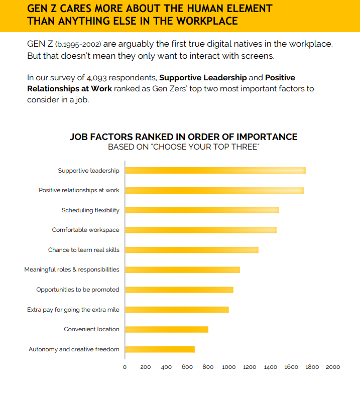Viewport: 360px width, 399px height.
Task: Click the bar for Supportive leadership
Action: click(x=215, y=171)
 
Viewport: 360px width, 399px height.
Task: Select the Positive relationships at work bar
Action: click(x=214, y=190)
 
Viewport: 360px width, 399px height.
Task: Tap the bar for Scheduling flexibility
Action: click(x=201, y=210)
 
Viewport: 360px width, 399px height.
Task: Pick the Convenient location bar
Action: click(x=166, y=329)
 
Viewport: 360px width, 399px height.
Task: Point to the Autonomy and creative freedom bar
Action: click(x=160, y=349)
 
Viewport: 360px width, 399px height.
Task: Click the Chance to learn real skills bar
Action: click(x=191, y=250)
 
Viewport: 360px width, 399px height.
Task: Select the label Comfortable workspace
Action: click(x=85, y=230)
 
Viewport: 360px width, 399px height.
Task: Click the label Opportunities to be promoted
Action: click(x=78, y=290)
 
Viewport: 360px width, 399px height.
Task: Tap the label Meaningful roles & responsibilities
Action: click(x=72, y=270)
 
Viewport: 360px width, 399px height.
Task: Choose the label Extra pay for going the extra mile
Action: click(x=73, y=310)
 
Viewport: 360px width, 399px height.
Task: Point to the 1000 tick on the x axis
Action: click(x=229, y=367)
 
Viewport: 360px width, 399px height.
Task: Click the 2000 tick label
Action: click(x=333, y=367)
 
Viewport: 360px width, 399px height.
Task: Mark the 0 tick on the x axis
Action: click(x=125, y=367)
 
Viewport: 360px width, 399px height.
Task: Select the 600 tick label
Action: click(x=187, y=367)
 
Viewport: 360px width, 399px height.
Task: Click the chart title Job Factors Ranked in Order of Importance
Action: click(x=183, y=137)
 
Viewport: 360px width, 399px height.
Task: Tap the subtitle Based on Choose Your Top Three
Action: click(x=183, y=147)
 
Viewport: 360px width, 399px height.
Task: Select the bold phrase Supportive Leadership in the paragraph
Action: click(x=203, y=78)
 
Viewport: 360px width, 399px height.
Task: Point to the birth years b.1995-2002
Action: click(x=78, y=44)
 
